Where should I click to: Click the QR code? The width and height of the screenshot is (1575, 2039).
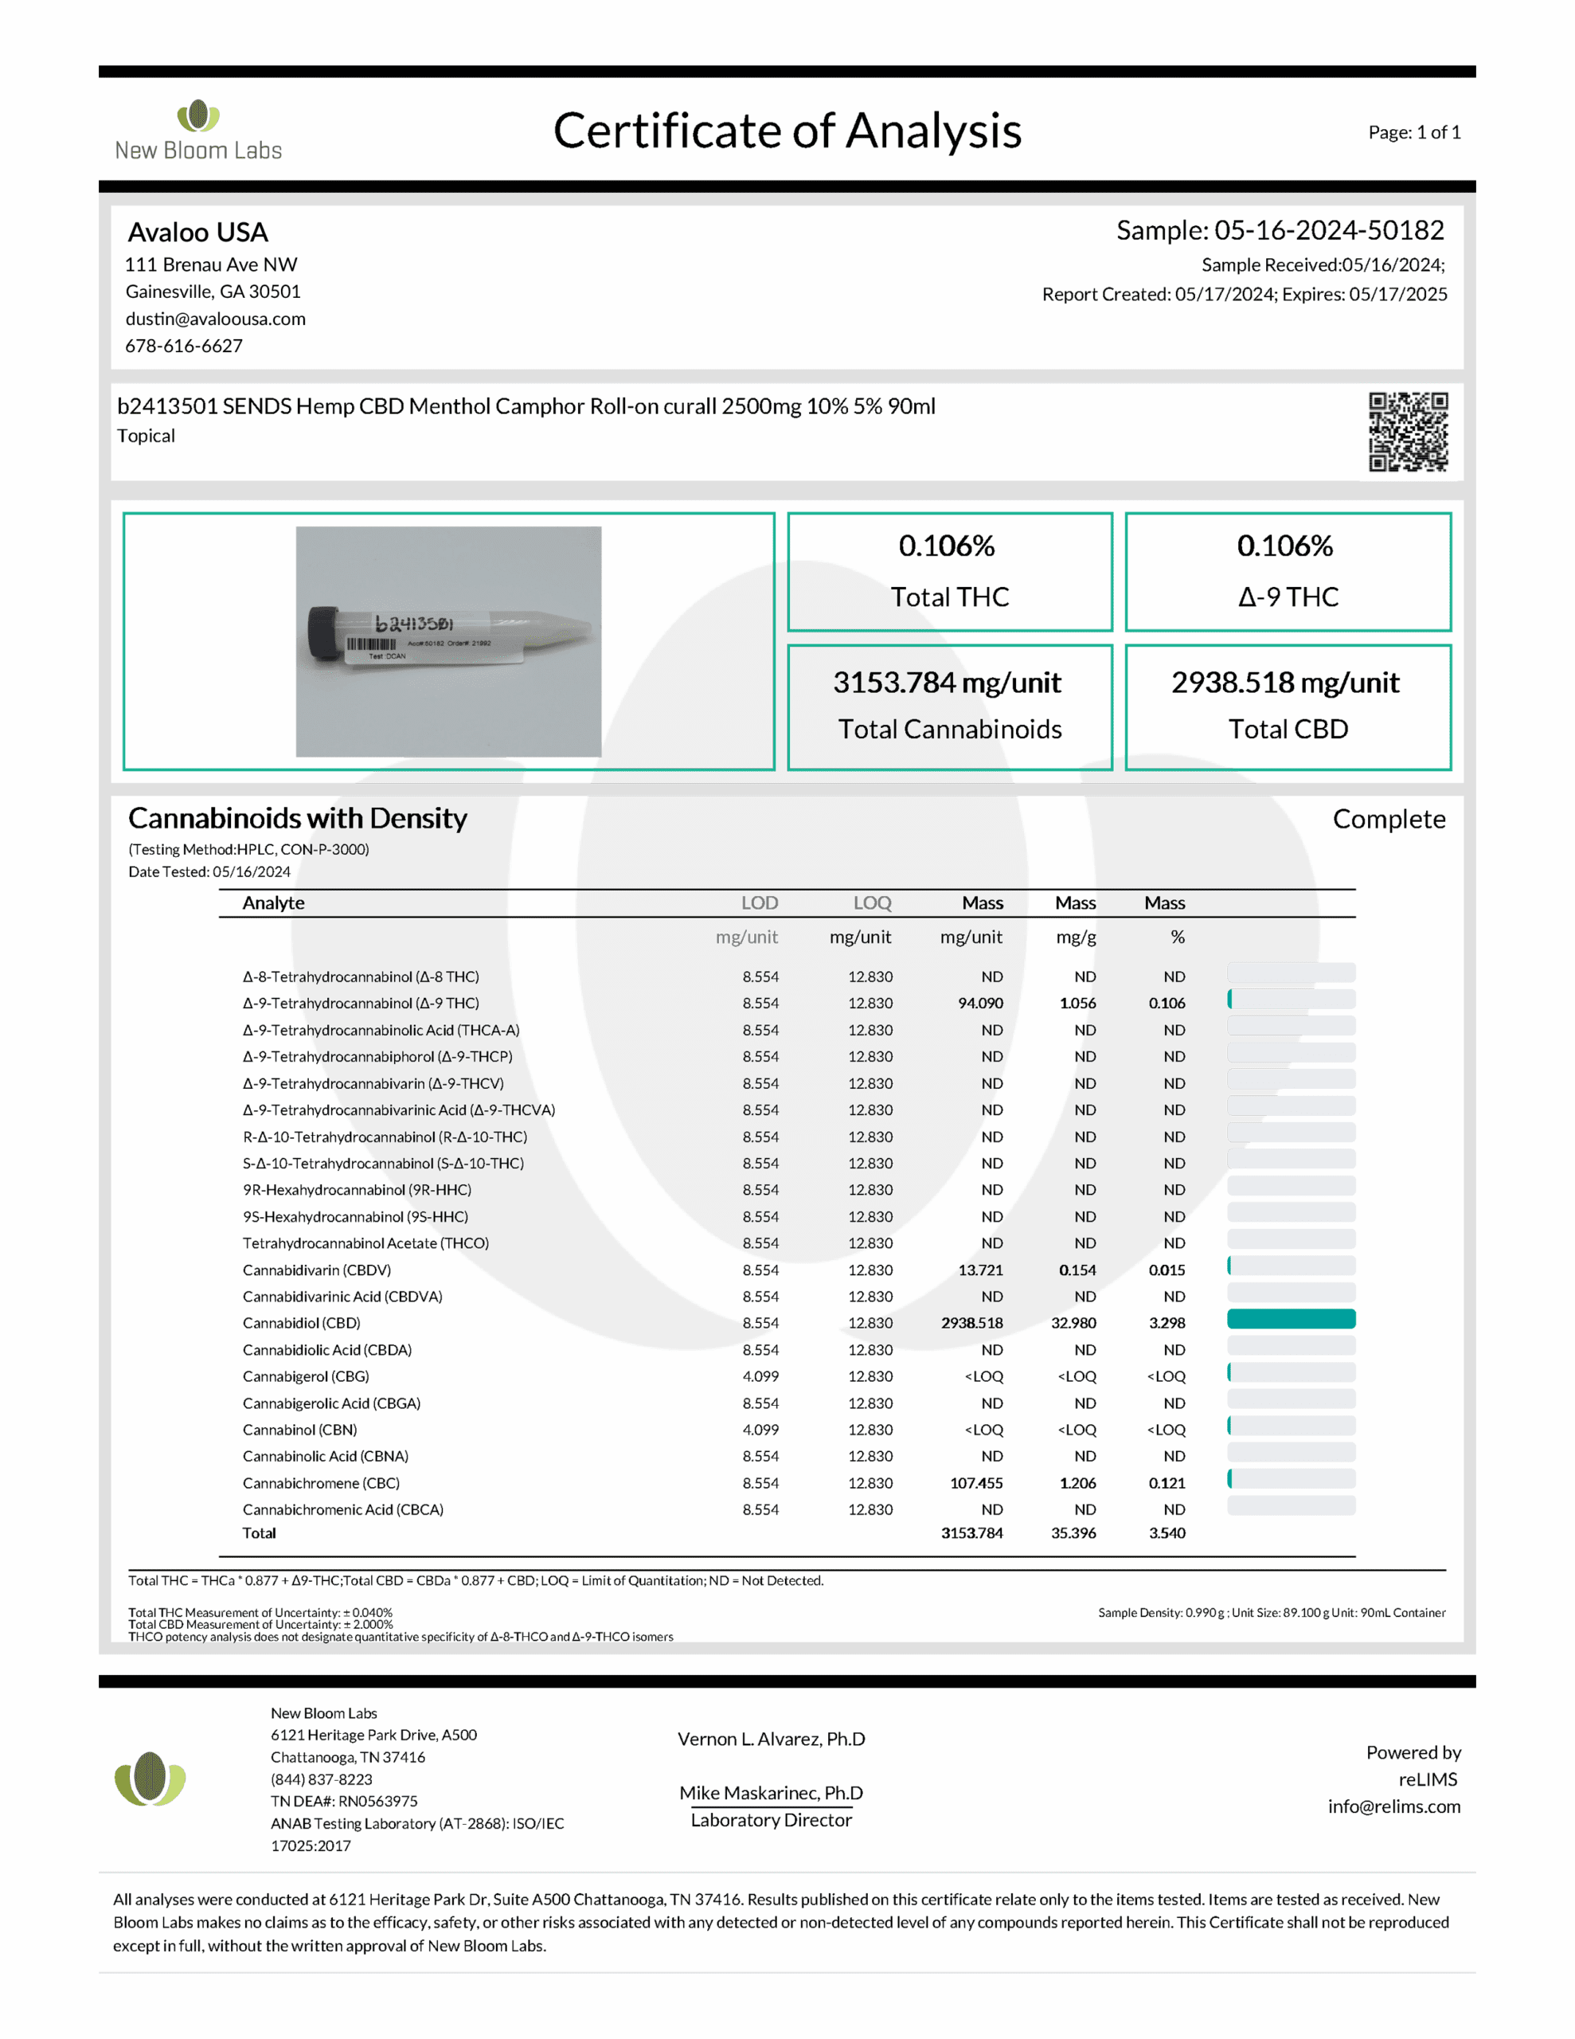[1407, 432]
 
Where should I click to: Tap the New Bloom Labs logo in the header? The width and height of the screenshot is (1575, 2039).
[198, 130]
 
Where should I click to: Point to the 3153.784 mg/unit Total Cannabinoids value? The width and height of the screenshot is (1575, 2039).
[947, 683]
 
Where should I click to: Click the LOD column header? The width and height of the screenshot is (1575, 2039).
[759, 902]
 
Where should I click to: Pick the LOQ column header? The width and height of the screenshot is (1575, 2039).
[871, 902]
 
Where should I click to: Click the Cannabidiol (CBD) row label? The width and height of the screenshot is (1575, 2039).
[302, 1323]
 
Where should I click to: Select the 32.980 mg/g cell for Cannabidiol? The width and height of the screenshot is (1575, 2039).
[1073, 1323]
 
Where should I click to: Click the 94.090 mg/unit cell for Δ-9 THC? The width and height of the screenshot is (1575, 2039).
[979, 1003]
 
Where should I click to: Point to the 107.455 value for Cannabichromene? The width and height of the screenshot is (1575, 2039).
[975, 1482]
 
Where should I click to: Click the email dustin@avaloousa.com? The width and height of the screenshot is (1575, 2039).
[216, 319]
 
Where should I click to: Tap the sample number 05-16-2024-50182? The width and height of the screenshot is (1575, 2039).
[1328, 229]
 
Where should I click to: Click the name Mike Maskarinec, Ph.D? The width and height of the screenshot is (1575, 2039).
[770, 1793]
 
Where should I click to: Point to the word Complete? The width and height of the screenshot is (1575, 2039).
[1389, 819]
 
